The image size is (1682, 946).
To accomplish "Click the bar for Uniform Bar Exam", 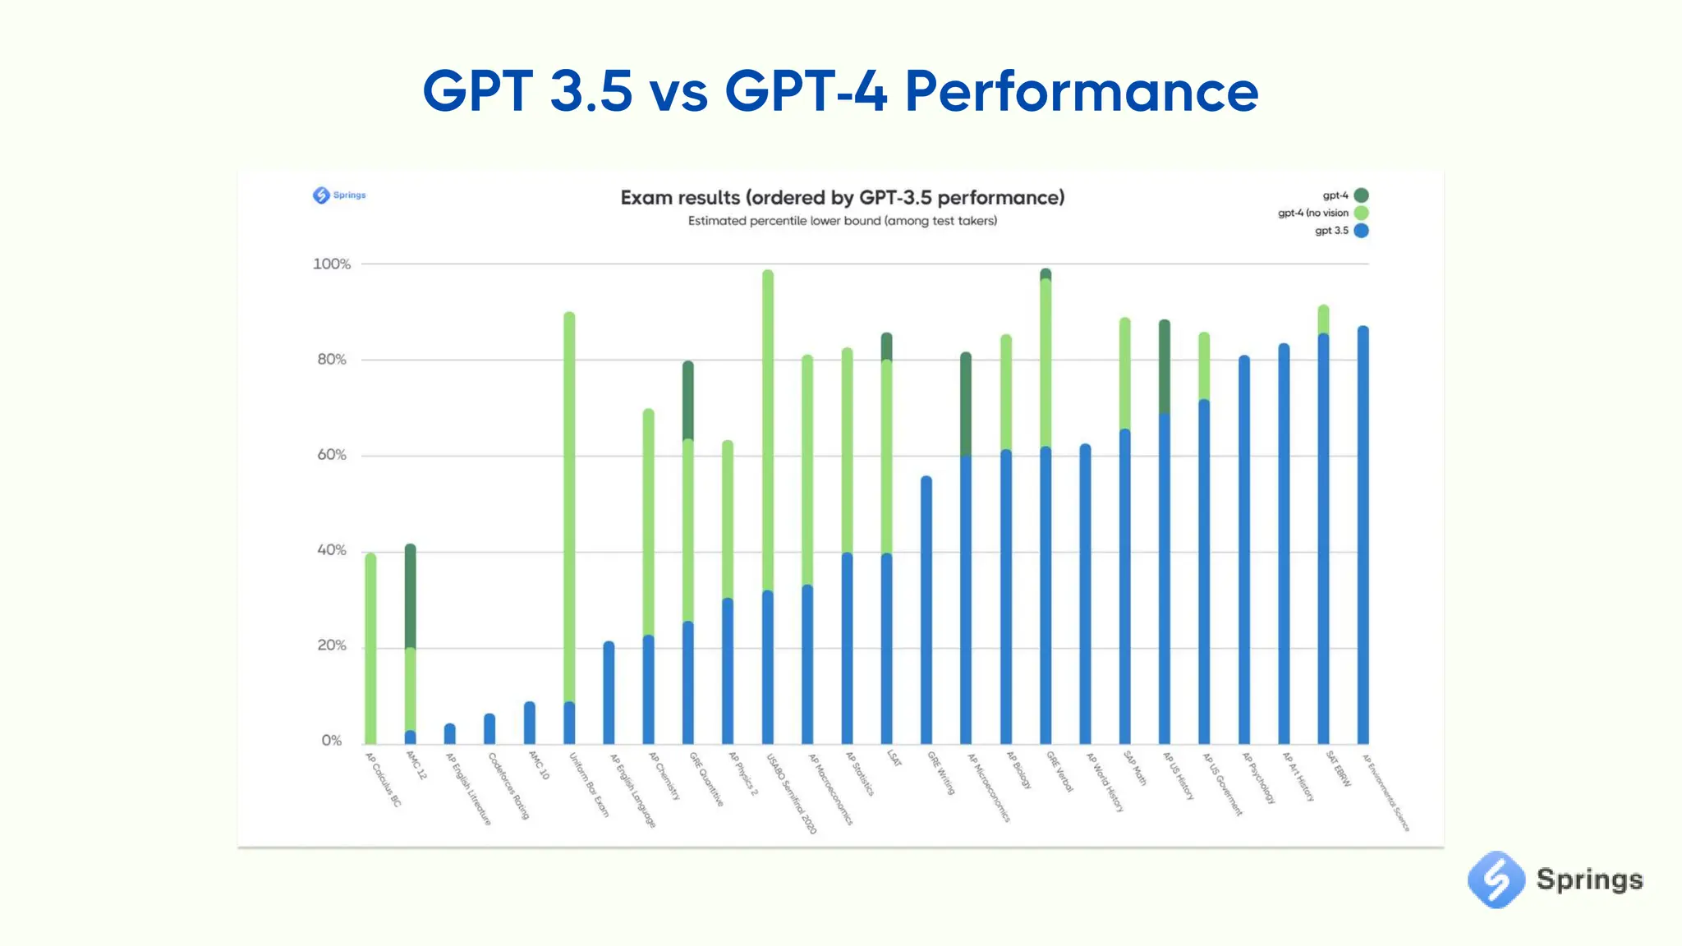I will pyautogui.click(x=569, y=526).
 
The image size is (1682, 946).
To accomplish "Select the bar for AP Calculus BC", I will pyautogui.click(x=370, y=649).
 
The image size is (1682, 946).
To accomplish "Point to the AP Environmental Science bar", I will pyautogui.click(x=1363, y=535).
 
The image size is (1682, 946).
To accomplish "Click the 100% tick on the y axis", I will pyautogui.click(x=331, y=264).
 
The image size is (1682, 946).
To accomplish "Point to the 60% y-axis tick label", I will pyautogui.click(x=332, y=455).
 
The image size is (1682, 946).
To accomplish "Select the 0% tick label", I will pyautogui.click(x=332, y=741).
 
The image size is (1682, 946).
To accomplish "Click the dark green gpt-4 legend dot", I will pyautogui.click(x=1361, y=195).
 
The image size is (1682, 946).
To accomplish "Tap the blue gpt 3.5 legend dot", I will pyautogui.click(x=1361, y=231).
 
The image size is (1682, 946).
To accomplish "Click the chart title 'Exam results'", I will pyautogui.click(x=842, y=198).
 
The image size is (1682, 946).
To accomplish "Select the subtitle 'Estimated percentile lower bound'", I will pyautogui.click(x=842, y=221).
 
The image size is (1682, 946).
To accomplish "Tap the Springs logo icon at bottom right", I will pyautogui.click(x=1495, y=879).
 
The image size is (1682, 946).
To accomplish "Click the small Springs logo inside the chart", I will pyautogui.click(x=321, y=195).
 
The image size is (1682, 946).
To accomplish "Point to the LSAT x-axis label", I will pyautogui.click(x=894, y=759).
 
